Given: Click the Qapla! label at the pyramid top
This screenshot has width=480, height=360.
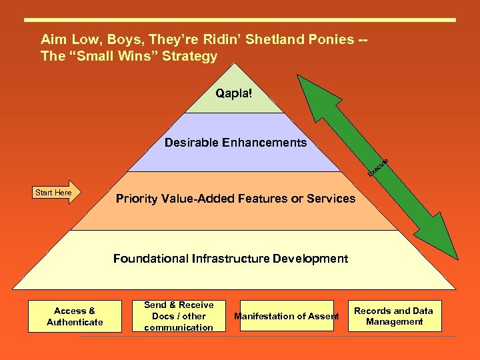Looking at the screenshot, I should point(234,93).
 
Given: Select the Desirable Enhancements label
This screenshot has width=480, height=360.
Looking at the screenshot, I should point(235,142).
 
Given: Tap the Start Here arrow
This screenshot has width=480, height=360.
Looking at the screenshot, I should point(53,192).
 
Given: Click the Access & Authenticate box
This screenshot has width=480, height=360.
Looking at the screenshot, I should point(75,316).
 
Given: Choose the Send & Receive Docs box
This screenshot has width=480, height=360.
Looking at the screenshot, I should point(178,316).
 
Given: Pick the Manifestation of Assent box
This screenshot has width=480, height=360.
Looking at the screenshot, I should point(287,316).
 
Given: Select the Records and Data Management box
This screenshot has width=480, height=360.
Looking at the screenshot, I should point(394,316).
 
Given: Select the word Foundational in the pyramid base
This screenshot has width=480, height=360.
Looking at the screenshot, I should point(151,259).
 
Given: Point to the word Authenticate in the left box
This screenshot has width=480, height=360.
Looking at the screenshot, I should point(75,323).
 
